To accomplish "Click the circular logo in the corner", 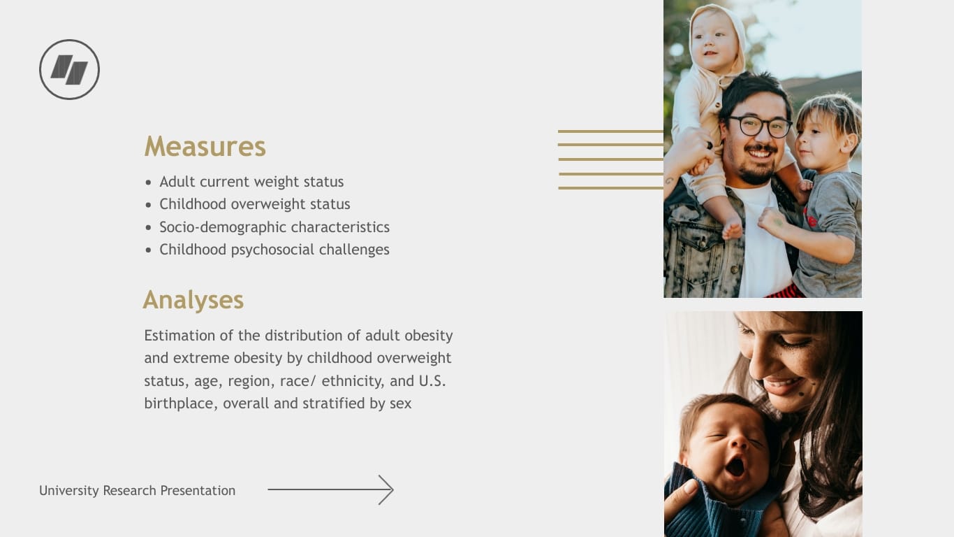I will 69,69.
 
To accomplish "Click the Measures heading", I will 205,147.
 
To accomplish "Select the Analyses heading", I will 193,300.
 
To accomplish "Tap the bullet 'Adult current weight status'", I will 251,182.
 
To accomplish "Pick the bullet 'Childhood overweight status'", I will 254,204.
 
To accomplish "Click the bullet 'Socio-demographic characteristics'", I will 274,227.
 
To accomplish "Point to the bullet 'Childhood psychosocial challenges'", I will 274,250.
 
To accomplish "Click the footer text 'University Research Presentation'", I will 137,491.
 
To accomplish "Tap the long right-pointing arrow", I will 330,490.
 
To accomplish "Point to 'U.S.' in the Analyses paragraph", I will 432,381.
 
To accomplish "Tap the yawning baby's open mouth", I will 735,466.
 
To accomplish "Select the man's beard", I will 757,171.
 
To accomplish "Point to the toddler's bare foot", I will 732,228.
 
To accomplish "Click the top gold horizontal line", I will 610,131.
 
